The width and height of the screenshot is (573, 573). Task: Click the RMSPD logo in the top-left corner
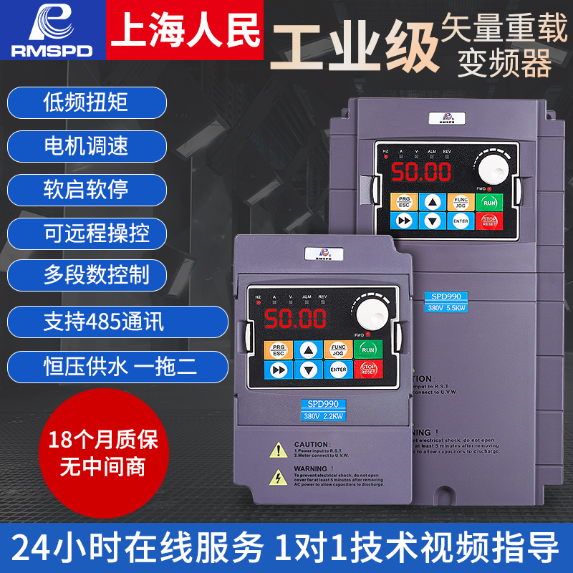click(51, 29)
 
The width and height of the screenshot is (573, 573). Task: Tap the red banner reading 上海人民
click(186, 29)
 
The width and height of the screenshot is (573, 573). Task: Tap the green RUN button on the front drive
click(368, 350)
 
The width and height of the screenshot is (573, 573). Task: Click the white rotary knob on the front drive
click(368, 312)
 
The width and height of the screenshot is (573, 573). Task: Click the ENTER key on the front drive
click(338, 370)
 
